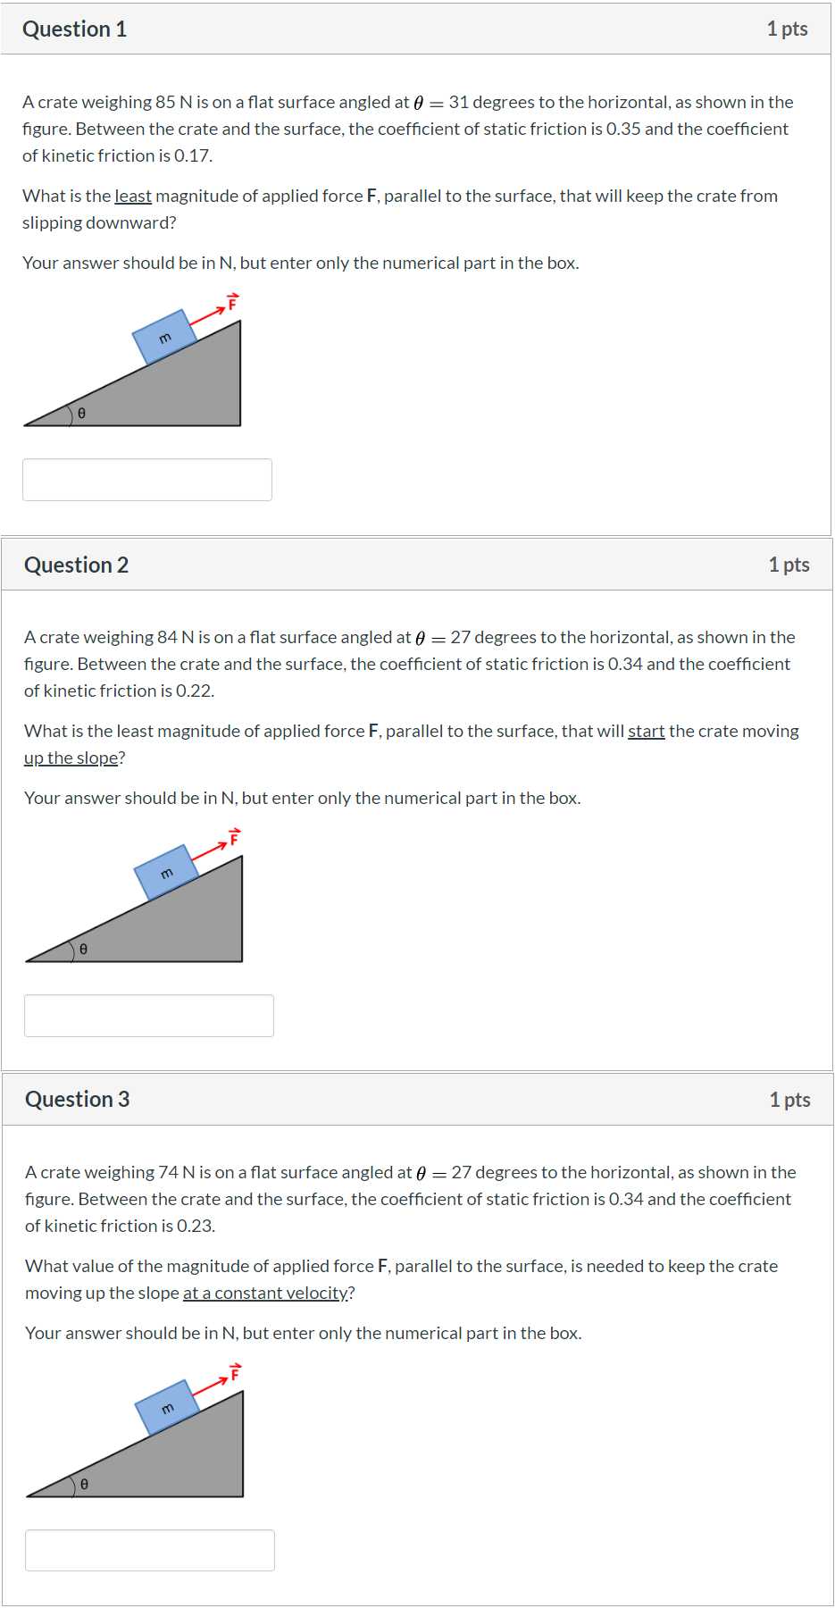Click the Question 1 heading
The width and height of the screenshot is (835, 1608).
[x=75, y=29]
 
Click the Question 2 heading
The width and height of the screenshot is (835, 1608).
[x=77, y=565]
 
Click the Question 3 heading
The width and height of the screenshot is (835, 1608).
[x=78, y=1100]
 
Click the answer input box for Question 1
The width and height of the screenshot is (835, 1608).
[x=147, y=480]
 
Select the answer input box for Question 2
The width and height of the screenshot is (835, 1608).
[x=149, y=1016]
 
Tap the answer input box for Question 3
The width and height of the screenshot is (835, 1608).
[x=150, y=1550]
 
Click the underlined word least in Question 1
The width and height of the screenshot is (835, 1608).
[x=133, y=197]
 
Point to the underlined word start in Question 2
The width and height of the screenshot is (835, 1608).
[x=646, y=732]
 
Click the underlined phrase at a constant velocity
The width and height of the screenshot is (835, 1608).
[x=266, y=1294]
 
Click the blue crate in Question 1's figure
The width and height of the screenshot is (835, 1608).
[x=164, y=337]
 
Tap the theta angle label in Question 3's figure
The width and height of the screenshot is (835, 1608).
[x=84, y=1484]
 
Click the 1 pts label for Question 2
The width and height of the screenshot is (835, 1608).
[x=789, y=565]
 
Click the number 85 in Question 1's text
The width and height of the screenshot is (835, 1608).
[x=165, y=103]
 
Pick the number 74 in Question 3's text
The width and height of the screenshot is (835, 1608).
[x=168, y=1173]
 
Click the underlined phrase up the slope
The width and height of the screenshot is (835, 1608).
[x=71, y=758]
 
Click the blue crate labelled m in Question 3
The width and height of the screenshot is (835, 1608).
[x=167, y=1408]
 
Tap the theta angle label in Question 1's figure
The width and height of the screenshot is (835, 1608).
[x=81, y=414]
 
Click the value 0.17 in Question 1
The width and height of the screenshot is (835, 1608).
[x=192, y=156]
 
